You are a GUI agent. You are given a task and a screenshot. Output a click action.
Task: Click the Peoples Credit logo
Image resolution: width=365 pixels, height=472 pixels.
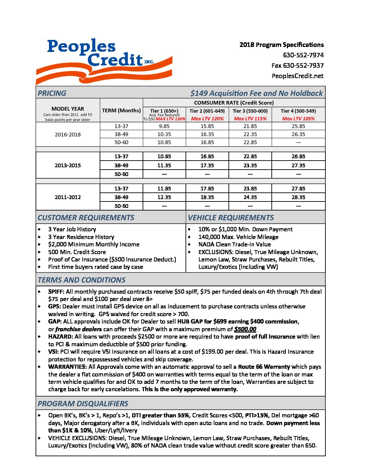coord(104,60)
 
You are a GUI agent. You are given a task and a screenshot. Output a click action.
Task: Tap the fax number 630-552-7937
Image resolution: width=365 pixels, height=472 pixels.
coord(298,65)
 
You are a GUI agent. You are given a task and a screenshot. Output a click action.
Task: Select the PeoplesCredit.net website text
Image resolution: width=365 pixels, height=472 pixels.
coord(298,76)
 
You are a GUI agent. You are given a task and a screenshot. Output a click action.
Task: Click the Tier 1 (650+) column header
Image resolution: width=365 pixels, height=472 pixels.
coord(164,111)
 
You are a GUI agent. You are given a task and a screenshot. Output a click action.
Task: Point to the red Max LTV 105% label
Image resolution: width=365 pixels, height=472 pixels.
coord(298,119)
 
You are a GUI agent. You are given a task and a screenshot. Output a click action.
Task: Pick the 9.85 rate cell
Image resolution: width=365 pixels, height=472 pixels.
coord(164,126)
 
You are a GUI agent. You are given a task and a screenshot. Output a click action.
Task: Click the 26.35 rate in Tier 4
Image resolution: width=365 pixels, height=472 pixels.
coord(298,134)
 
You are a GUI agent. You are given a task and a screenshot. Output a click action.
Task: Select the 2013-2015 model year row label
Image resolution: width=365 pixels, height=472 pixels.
coord(68,165)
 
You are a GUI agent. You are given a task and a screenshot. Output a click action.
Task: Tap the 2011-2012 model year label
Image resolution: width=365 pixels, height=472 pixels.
coord(68,197)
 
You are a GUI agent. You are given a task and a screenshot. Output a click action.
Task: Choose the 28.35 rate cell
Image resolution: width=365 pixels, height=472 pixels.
coord(298,197)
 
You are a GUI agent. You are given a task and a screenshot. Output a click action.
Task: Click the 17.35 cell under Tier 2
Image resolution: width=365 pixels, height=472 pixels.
coord(207,166)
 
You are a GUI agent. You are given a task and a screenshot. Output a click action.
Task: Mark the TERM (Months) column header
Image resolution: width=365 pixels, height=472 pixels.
coord(121,111)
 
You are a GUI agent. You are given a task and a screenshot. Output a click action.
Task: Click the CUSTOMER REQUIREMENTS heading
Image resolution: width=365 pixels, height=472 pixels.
coord(86,218)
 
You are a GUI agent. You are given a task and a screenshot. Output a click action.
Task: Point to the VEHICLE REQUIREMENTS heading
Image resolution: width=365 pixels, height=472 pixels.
coord(231,218)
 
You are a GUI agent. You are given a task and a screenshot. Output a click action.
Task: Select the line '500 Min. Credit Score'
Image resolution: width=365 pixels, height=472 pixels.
coord(77,252)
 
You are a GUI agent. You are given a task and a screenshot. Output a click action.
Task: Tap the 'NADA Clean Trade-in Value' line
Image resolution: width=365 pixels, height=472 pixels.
coord(234,244)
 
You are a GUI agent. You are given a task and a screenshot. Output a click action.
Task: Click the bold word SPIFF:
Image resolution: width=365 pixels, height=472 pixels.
coord(56,292)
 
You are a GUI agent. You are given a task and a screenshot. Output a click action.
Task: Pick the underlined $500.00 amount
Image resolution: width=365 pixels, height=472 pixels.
coord(245,329)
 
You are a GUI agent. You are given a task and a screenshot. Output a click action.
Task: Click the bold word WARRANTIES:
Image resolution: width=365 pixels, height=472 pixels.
coord(67,367)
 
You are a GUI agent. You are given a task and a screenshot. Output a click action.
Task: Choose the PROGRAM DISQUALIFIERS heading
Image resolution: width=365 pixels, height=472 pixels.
coord(83,404)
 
